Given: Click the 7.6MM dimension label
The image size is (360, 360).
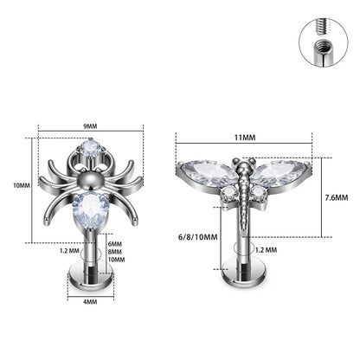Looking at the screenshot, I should (338, 197).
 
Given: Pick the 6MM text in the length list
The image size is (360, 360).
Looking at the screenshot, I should (117, 243).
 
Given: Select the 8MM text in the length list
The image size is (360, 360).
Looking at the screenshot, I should (117, 252).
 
